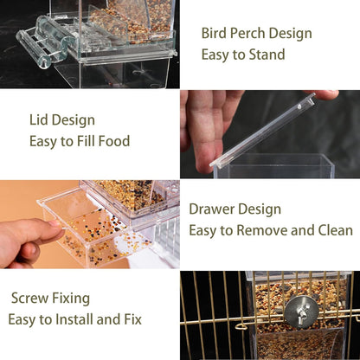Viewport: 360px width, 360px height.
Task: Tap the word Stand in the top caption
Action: tap(266, 55)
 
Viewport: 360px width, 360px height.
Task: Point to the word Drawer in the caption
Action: tap(212, 209)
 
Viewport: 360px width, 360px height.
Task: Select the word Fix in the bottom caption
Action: tap(132, 319)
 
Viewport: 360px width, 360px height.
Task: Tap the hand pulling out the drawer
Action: tap(26, 239)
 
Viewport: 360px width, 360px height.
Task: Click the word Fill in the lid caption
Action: tap(83, 141)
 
